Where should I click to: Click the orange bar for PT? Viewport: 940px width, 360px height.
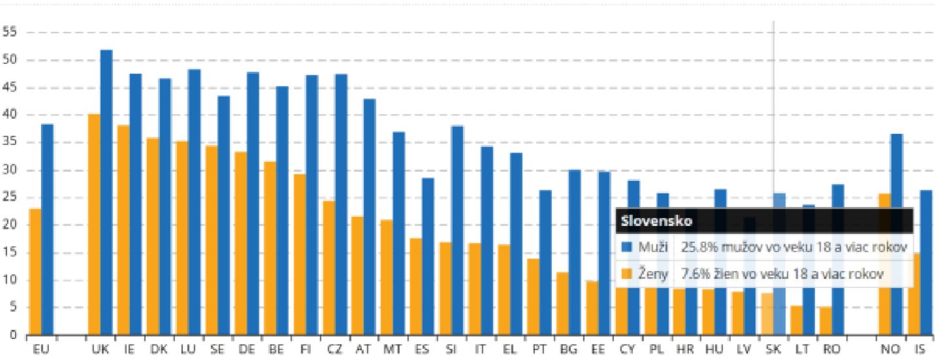pyautogui.click(x=534, y=297)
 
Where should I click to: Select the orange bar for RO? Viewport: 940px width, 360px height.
pyautogui.click(x=826, y=321)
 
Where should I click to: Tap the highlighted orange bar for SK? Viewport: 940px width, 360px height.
pyautogui.click(x=767, y=314)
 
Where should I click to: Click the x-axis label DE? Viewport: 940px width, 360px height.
pyautogui.click(x=247, y=350)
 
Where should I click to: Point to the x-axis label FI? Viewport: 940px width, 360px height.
pyautogui.click(x=306, y=350)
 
